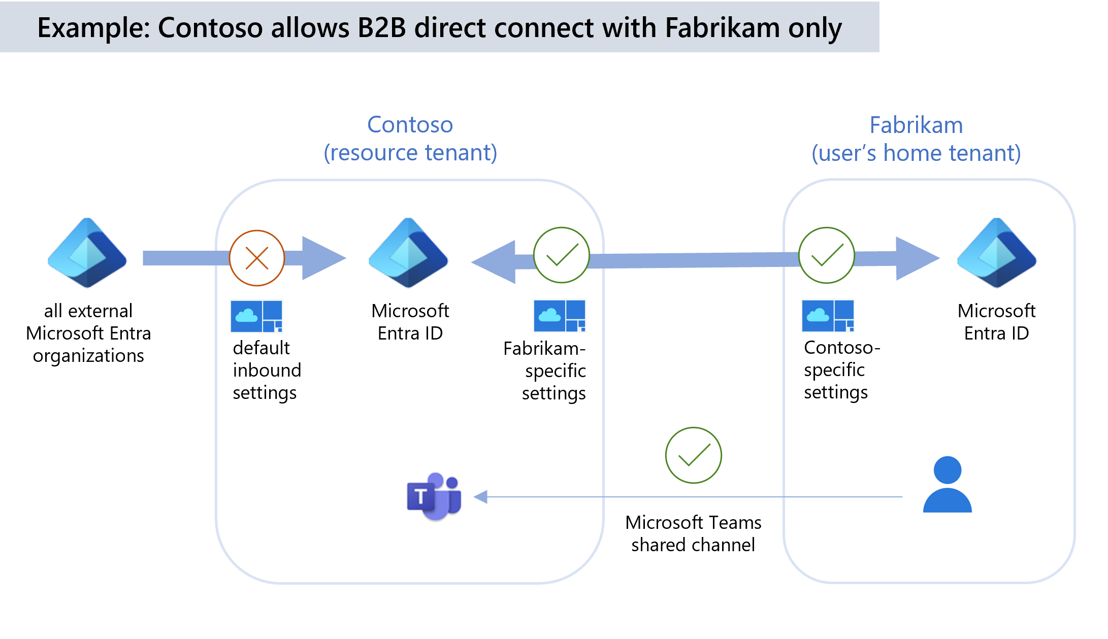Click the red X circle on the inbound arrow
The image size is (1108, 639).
tap(257, 258)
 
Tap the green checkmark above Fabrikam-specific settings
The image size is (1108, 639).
tap(561, 255)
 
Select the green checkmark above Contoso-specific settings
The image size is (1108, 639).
tap(826, 255)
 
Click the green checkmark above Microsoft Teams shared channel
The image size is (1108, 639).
tap(693, 455)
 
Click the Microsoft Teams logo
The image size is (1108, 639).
tap(435, 496)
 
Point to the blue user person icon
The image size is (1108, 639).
tap(947, 485)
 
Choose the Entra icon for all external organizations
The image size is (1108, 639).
tap(87, 253)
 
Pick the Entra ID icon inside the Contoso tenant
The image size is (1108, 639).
tap(409, 253)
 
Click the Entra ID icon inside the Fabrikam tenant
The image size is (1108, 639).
tap(996, 253)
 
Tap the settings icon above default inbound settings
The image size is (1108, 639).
tap(256, 316)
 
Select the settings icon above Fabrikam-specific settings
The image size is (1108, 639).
tap(560, 316)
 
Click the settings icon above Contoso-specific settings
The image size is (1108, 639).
tap(828, 316)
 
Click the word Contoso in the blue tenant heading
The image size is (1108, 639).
tap(410, 125)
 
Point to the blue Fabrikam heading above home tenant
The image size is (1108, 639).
tap(916, 125)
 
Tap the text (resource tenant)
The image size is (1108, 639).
tap(410, 153)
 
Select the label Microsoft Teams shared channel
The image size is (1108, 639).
tap(693, 533)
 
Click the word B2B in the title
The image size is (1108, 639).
tap(382, 28)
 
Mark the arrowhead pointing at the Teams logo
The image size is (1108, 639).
tap(480, 497)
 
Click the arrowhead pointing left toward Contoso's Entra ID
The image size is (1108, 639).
tap(493, 262)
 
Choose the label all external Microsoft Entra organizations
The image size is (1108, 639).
tap(88, 333)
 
